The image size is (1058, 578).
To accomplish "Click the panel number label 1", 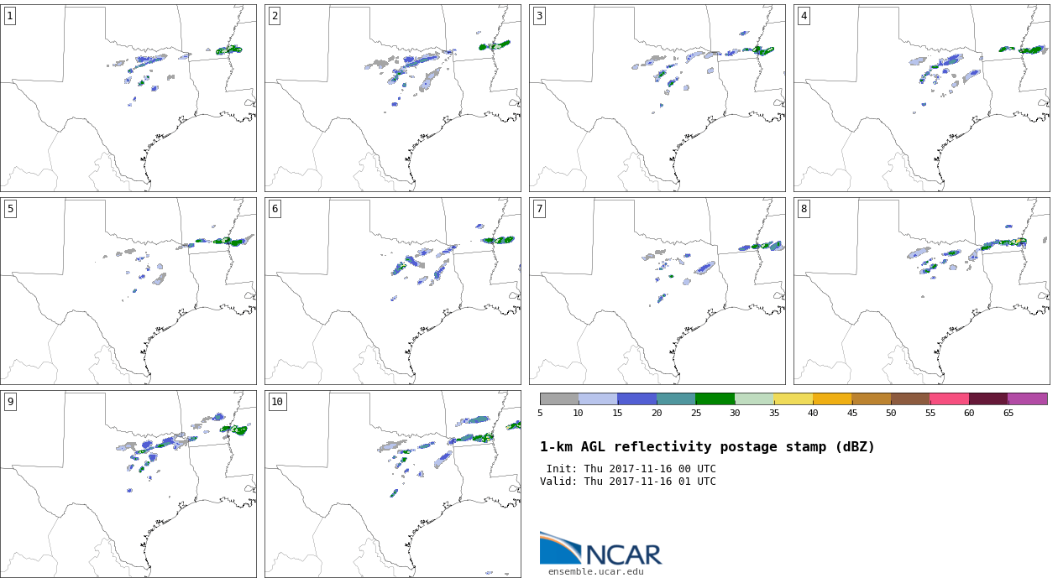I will (x=10, y=16).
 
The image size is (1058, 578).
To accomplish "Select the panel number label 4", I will (x=804, y=16).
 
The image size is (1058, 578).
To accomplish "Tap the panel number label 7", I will (x=539, y=209).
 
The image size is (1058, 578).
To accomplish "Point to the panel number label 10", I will (x=277, y=402).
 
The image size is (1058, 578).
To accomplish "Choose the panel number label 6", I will (x=275, y=209).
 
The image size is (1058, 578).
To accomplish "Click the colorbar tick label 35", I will (x=773, y=414).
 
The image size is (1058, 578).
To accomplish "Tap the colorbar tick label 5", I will (x=540, y=414).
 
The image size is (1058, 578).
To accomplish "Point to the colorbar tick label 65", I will (x=1008, y=414).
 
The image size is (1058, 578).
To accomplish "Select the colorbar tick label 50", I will (x=890, y=414).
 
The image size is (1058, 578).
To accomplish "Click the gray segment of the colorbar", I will (x=559, y=399).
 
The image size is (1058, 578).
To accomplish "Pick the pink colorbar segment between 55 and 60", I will (x=949, y=399).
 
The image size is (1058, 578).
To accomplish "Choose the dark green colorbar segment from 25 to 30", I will (x=715, y=399).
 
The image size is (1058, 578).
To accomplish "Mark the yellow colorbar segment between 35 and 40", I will (x=793, y=399).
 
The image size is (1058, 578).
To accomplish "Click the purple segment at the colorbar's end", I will (x=1027, y=399).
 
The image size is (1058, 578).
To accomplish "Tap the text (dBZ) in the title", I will (x=851, y=448).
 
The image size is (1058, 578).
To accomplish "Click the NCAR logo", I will (x=600, y=549).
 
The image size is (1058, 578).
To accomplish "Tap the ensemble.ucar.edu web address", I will (x=596, y=572).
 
